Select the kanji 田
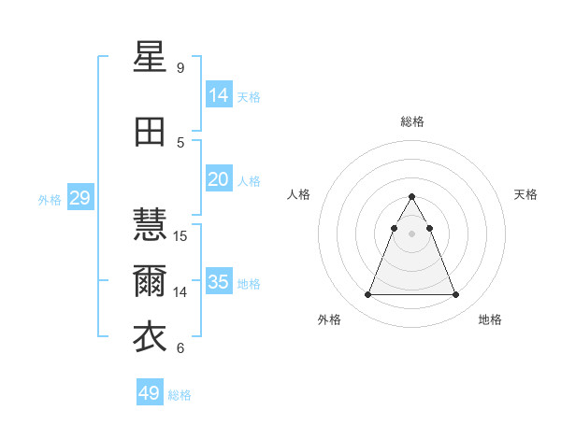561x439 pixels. (x=151, y=132)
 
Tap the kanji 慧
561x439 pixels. (x=151, y=225)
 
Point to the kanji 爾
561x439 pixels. (x=151, y=281)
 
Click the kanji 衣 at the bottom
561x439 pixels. (x=151, y=337)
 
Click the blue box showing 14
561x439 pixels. (x=219, y=94)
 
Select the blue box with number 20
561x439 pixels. (x=219, y=178)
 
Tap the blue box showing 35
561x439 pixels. (x=219, y=282)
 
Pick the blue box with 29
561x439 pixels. (x=79, y=198)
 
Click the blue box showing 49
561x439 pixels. (x=150, y=393)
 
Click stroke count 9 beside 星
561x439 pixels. (x=180, y=68)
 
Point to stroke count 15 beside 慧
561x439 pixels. (x=180, y=236)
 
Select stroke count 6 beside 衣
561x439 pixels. (x=180, y=348)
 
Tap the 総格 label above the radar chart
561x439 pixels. (x=411, y=121)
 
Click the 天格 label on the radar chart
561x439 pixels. (x=525, y=194)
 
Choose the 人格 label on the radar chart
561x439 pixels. (x=299, y=194)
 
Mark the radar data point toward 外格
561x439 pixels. (x=367, y=295)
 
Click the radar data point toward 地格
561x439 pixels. (x=455, y=295)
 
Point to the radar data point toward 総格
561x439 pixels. (x=411, y=197)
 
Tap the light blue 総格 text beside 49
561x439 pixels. (x=180, y=395)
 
